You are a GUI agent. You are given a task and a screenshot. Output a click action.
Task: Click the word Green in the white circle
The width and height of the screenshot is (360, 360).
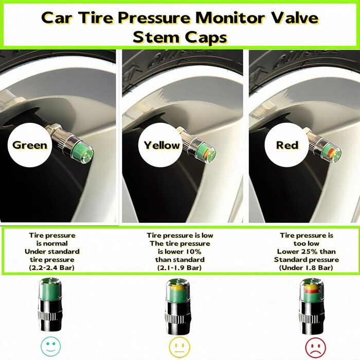pyautogui.click(x=29, y=145)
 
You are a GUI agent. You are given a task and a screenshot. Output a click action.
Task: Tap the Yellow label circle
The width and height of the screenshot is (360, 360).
pyautogui.click(x=161, y=145)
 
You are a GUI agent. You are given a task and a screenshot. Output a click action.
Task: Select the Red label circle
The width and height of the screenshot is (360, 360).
pyautogui.click(x=287, y=145)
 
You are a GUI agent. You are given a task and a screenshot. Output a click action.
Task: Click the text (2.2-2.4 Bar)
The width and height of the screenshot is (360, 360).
pyautogui.click(x=52, y=268)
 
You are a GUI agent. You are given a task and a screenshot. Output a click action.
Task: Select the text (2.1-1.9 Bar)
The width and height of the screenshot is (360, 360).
pyautogui.click(x=179, y=268)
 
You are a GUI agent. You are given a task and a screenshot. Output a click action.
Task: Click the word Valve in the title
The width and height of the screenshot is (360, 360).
pyautogui.click(x=295, y=18)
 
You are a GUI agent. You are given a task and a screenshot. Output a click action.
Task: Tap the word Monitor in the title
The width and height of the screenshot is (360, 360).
pyautogui.click(x=229, y=18)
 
